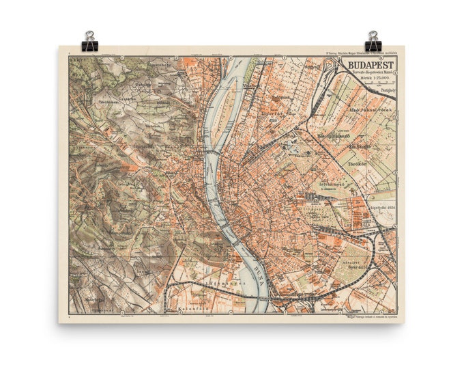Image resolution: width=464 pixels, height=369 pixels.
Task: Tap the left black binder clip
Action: [x=89, y=42]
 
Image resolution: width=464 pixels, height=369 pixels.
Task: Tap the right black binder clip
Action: [x=373, y=42]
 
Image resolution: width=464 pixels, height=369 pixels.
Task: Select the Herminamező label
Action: [x=333, y=136]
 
